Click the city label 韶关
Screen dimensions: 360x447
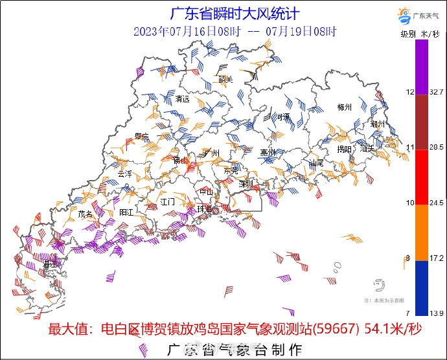(x=225, y=80)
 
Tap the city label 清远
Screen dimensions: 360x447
(x=183, y=99)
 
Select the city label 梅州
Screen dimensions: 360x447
(x=344, y=107)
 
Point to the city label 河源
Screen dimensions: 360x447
(x=282, y=117)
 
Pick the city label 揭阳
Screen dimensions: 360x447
(x=344, y=150)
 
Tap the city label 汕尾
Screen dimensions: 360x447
(x=317, y=163)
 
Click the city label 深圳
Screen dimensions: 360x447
(x=246, y=184)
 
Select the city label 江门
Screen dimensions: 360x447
(x=168, y=201)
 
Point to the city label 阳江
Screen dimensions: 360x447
(x=126, y=212)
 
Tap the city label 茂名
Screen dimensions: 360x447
(x=85, y=213)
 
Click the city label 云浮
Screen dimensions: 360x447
(x=124, y=174)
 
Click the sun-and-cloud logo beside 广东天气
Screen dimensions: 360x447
(x=403, y=16)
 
